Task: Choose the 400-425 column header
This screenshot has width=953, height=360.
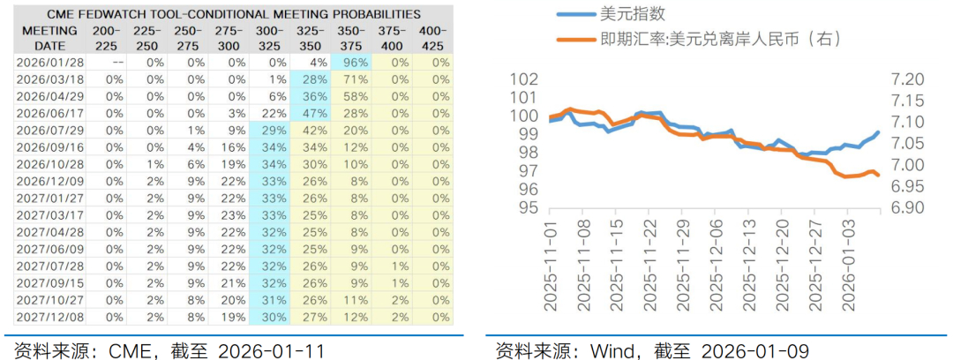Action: coord(433,38)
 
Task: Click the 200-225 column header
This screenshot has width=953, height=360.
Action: coord(109,38)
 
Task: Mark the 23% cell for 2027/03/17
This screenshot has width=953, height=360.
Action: coord(233,214)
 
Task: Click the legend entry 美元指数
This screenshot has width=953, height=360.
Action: coord(630,15)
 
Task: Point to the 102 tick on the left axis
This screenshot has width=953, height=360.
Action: coord(526,79)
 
